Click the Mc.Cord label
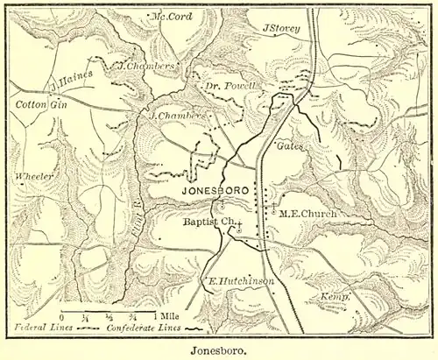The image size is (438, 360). (x=172, y=17)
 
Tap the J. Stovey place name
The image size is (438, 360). (x=281, y=28)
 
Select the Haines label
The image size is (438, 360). (x=76, y=76)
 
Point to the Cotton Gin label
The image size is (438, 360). (x=37, y=104)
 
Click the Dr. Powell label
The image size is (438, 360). (x=230, y=86)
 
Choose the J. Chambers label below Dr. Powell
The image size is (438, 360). (x=178, y=115)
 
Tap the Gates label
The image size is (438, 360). (x=290, y=146)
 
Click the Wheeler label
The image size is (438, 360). (x=35, y=177)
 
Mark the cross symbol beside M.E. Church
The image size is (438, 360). (x=274, y=210)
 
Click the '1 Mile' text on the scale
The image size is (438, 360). (x=167, y=315)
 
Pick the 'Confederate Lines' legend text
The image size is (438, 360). (x=142, y=328)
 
